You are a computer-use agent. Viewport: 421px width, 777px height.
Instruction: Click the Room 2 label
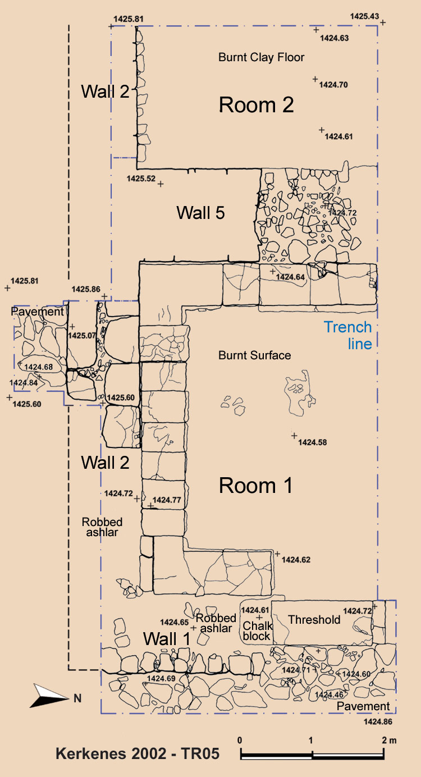point(257,105)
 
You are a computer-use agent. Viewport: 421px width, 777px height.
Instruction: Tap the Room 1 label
point(255,485)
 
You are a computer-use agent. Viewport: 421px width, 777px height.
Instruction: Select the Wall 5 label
point(200,213)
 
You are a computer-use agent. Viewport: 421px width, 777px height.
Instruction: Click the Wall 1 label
point(167,638)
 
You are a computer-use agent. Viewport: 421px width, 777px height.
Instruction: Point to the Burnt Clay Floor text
point(261,57)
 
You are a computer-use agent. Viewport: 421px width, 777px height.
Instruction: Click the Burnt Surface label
point(254,355)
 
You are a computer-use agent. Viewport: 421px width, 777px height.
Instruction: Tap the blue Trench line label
point(348,335)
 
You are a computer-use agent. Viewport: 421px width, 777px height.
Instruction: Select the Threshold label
point(314,619)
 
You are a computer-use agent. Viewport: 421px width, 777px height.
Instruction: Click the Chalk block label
point(257,630)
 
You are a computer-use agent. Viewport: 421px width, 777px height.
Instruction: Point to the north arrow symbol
point(49,696)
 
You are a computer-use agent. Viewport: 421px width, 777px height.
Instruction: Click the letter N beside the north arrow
point(77,698)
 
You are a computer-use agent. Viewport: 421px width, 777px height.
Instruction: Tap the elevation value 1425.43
point(364,16)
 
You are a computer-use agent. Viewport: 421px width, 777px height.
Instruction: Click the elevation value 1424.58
point(313,442)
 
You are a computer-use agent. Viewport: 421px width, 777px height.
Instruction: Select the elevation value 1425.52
point(141,179)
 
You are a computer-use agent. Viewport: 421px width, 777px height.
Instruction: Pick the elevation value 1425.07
point(82,335)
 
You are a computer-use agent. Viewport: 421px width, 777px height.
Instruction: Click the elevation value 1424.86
point(378,722)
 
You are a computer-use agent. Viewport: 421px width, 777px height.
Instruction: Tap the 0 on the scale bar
point(240,741)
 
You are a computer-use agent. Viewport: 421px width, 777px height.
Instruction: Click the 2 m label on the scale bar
point(389,741)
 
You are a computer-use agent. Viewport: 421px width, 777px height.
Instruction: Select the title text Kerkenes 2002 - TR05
point(138,754)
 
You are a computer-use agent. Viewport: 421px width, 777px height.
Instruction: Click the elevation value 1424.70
point(333,85)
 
